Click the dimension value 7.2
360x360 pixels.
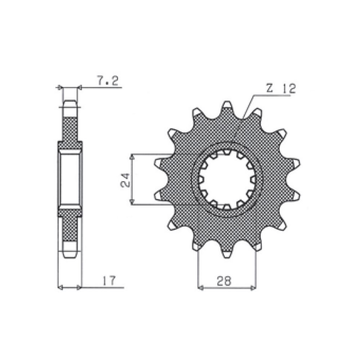(108, 81)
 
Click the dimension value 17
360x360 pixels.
(109, 280)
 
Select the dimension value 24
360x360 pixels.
(126, 180)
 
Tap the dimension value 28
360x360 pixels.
(224, 281)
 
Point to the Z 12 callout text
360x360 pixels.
(281, 88)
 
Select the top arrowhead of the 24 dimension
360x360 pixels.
(132, 157)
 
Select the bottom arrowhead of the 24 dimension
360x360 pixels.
(132, 202)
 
